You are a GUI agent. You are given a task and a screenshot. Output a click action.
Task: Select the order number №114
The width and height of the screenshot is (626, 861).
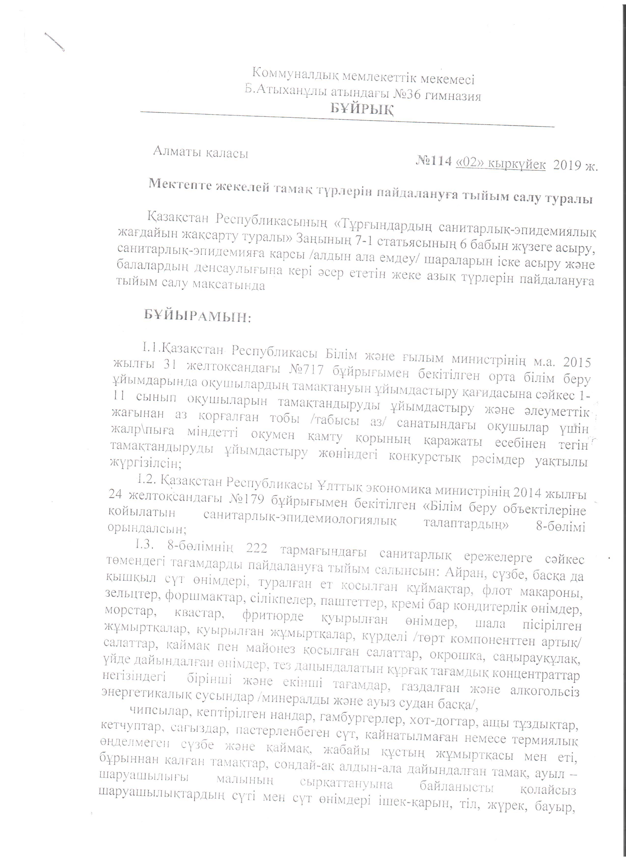(x=435, y=161)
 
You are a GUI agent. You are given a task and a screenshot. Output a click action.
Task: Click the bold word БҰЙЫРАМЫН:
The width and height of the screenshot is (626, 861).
(x=197, y=315)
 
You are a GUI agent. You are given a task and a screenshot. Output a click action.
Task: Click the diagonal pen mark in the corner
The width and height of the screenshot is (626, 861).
(x=54, y=42)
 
